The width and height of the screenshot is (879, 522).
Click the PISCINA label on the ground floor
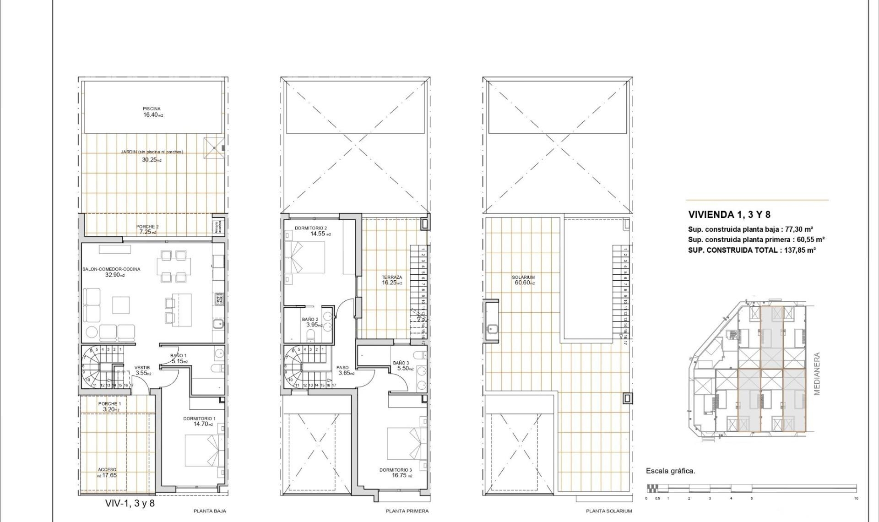(x=152, y=109)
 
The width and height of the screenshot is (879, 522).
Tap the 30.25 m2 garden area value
(x=152, y=160)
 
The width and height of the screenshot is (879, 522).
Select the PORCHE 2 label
(x=147, y=227)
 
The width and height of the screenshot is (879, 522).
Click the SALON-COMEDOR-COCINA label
(x=111, y=269)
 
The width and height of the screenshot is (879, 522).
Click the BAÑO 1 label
(x=178, y=355)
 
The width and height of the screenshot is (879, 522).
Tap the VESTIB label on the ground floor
(x=142, y=367)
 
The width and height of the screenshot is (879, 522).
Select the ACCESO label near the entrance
(x=107, y=469)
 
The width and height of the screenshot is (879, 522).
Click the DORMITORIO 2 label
(x=310, y=228)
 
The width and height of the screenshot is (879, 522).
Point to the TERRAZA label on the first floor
(x=392, y=277)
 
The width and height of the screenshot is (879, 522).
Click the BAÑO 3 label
(x=401, y=363)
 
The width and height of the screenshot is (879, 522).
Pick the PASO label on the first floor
(x=342, y=367)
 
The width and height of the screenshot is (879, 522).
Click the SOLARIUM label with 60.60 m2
(x=523, y=277)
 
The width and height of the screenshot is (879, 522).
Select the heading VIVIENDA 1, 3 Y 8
(x=729, y=214)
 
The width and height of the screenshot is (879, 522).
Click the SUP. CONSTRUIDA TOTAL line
(x=751, y=250)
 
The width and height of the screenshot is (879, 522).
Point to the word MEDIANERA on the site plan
(x=817, y=374)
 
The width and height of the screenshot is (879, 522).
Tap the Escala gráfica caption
(x=670, y=471)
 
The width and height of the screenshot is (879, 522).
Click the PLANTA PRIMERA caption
(x=407, y=511)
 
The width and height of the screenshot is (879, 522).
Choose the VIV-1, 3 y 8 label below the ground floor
(x=130, y=503)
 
